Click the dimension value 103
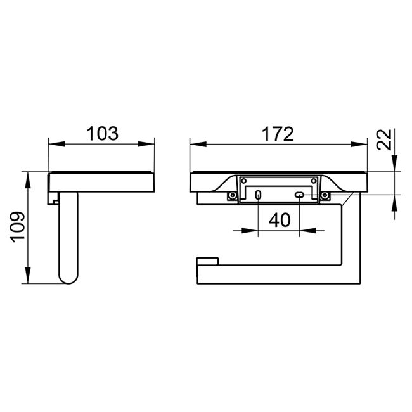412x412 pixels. pyautogui.click(x=102, y=134)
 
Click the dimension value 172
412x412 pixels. pyautogui.click(x=278, y=134)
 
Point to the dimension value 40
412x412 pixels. pyautogui.click(x=280, y=220)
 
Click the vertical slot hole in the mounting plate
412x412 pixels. pyautogui.click(x=258, y=195)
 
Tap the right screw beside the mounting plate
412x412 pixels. pyautogui.click(x=325, y=195)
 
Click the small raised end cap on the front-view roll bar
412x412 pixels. pyautogui.click(x=208, y=262)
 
